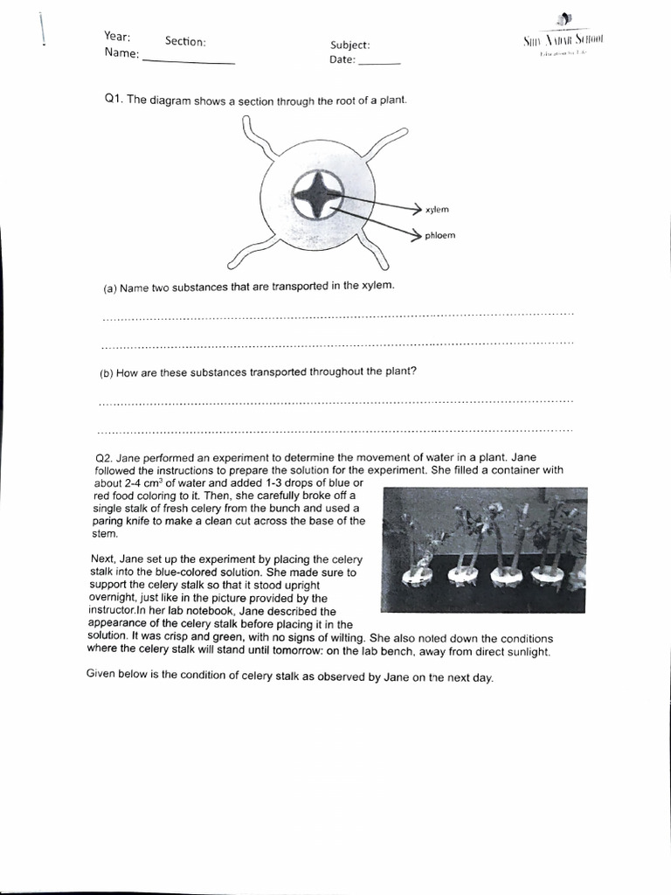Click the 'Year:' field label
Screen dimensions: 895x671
(x=117, y=36)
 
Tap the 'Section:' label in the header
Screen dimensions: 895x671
(x=184, y=41)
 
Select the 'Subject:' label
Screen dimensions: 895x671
(x=349, y=45)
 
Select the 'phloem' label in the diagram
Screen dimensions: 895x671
(x=439, y=235)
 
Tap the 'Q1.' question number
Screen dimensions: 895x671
(x=114, y=100)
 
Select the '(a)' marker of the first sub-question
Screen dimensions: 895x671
(x=109, y=288)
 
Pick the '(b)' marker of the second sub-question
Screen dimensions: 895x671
(x=107, y=373)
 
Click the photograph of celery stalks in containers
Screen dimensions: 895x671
(x=483, y=549)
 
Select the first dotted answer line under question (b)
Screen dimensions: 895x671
(x=336, y=402)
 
